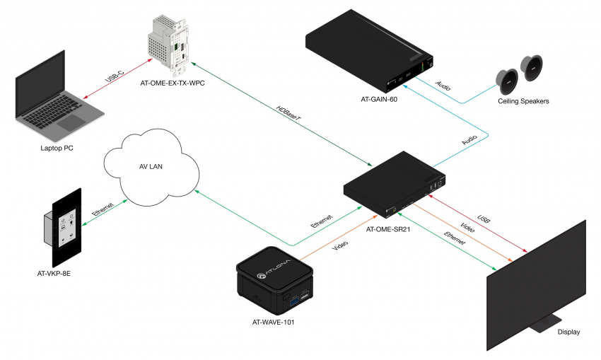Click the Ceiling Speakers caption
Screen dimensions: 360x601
click(x=523, y=101)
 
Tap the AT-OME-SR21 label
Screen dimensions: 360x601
click(x=390, y=229)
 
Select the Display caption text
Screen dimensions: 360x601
click(x=569, y=332)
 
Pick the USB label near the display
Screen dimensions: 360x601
click(x=484, y=220)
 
